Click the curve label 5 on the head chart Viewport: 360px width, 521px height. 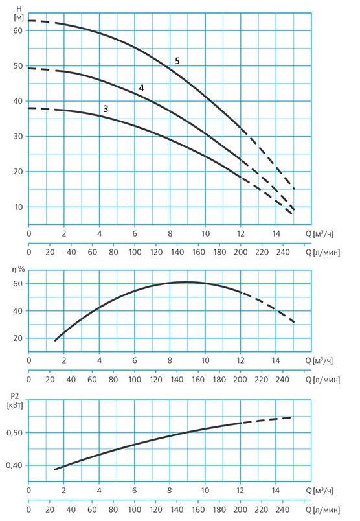[x=177, y=61]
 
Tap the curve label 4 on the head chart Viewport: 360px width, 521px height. [x=142, y=88]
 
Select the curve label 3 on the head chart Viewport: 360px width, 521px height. [x=106, y=109]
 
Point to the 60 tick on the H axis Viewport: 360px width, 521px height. [x=18, y=30]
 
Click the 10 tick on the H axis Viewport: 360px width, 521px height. [x=18, y=207]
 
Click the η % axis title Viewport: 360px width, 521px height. [x=18, y=269]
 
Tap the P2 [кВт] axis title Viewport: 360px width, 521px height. [x=15, y=400]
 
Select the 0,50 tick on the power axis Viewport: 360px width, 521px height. [x=15, y=433]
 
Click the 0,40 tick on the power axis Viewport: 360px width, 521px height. [x=15, y=465]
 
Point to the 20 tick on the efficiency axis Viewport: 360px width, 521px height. [x=18, y=338]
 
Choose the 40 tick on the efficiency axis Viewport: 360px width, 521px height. [x=18, y=311]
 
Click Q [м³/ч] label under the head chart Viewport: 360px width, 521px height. [x=319, y=233]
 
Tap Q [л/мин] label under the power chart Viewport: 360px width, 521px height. [x=322, y=509]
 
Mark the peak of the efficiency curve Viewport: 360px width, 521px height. [x=186, y=282]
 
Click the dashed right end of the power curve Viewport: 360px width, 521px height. [x=291, y=417]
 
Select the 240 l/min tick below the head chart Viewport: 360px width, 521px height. [x=283, y=252]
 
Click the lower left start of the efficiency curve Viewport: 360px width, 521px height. [x=56, y=340]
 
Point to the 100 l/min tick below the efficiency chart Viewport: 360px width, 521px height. [x=135, y=380]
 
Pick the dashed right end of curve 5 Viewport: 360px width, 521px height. [x=294, y=189]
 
